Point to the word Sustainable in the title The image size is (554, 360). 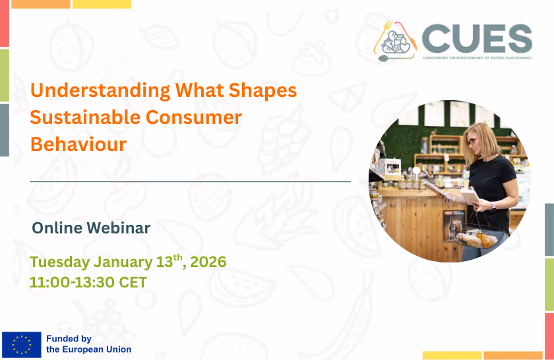pos(85,117)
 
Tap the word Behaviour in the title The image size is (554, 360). pos(78,144)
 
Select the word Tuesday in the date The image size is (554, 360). pos(59,262)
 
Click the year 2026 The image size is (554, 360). pos(208,262)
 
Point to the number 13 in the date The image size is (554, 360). pos(164,262)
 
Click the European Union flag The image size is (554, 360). pos(21,344)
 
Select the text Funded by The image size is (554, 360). pos(69,339)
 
